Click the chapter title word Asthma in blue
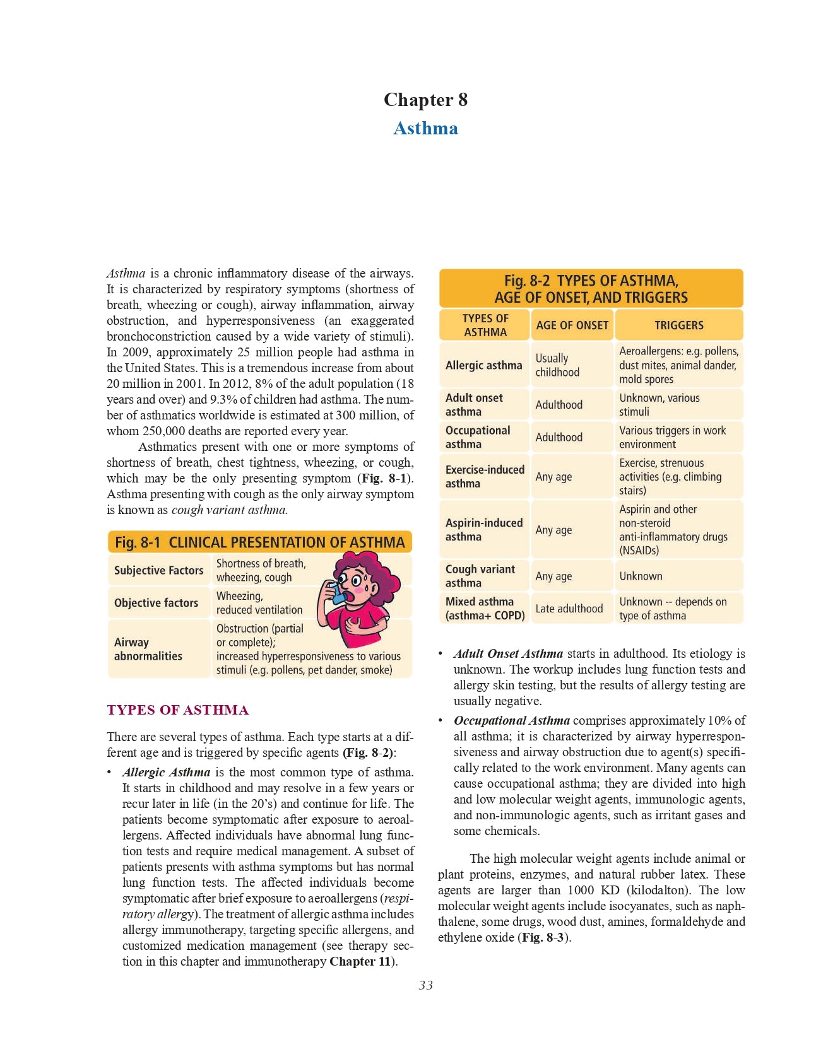tap(425, 128)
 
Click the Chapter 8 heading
tap(425, 100)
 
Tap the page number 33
tap(425, 985)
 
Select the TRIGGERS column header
tap(678, 325)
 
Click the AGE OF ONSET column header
tap(572, 325)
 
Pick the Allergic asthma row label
tap(483, 365)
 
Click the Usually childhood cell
tap(557, 365)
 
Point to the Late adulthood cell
tap(569, 609)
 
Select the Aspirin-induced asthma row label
tap(483, 530)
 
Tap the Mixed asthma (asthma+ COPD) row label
tap(485, 609)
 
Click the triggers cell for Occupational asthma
tap(672, 437)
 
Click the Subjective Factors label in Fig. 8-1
tap(158, 570)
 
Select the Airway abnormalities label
tap(148, 649)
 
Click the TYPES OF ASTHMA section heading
tap(178, 710)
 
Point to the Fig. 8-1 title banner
tap(259, 542)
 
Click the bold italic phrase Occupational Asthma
tap(511, 720)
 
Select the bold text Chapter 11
tap(361, 961)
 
